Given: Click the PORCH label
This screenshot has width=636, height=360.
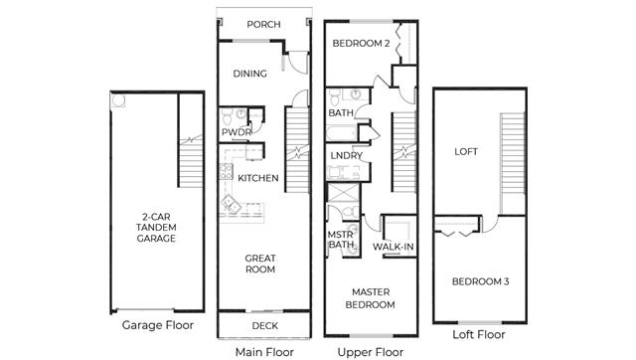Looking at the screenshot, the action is tap(263, 24).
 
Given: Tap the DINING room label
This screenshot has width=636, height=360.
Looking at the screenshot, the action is tap(249, 74).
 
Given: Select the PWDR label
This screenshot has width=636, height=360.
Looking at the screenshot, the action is tap(237, 132).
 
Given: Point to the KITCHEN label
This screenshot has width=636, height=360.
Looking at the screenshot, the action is tap(258, 178).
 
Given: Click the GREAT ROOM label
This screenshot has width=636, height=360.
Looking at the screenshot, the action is tap(260, 264).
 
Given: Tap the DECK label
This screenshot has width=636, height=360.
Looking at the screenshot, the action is tap(265, 325).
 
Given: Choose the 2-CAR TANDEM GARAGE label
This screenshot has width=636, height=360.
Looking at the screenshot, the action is tap(156, 228).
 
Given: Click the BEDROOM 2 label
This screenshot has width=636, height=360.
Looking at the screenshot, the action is tap(361, 43).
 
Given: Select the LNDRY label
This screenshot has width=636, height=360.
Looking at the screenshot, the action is tap(346, 155).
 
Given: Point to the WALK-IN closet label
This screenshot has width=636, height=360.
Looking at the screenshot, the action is tap(394, 247).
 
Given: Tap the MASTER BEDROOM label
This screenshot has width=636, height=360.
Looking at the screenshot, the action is tap(371, 298).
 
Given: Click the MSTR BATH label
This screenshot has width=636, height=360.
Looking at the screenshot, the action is tap(341, 240).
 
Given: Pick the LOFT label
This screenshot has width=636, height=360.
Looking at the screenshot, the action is tap(466, 151).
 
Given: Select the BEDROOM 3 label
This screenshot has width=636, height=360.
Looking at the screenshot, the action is tap(481, 281).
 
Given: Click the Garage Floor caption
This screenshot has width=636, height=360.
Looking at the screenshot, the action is tap(158, 325).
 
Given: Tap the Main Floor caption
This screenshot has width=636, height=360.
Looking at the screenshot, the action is tap(264, 352).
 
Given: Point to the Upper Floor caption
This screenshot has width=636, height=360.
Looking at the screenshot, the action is tap(371, 352).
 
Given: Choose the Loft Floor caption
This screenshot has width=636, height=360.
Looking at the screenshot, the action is tap(479, 334).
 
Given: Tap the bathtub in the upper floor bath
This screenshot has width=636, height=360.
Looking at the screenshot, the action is tap(342, 133).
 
